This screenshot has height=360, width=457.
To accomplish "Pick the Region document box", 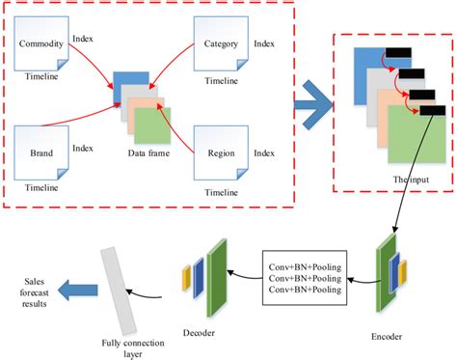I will tap(221, 152).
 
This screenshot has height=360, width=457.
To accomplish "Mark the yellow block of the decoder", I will tap(187, 278).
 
